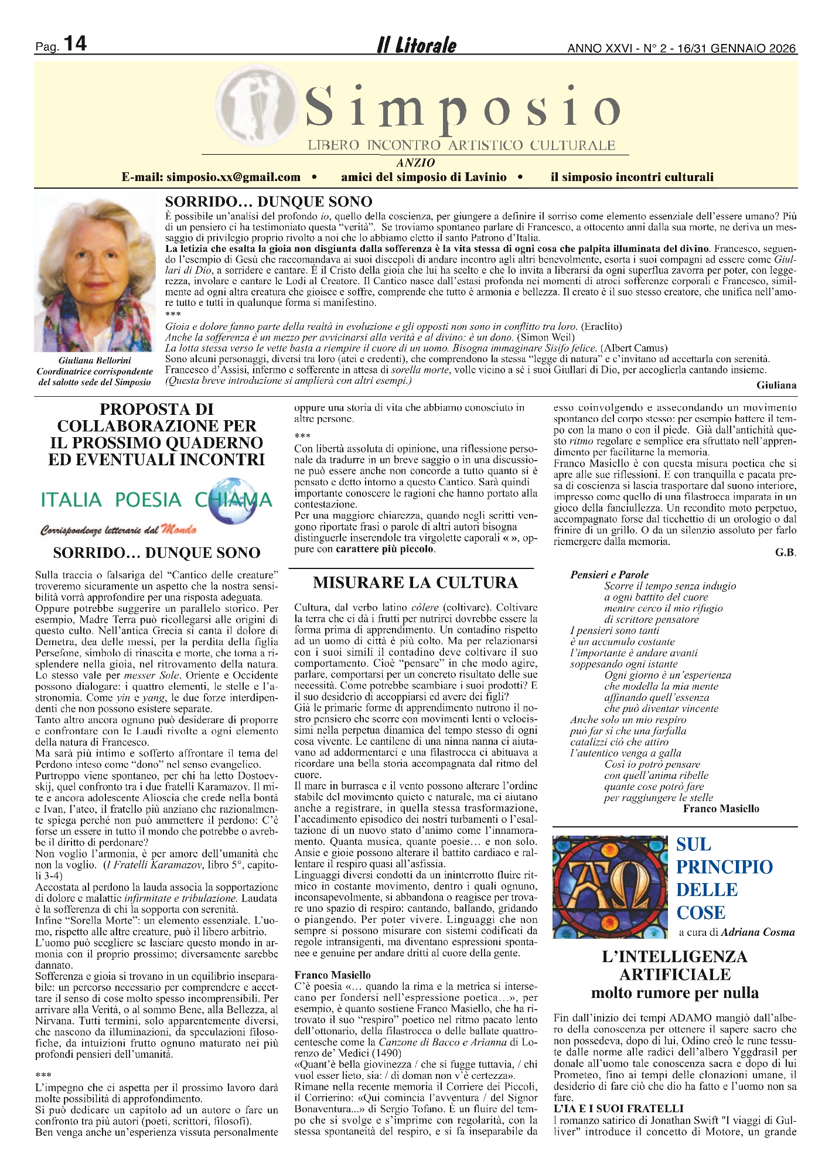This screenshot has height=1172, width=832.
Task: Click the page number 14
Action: coord(74,44)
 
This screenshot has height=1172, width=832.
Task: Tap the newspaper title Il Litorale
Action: coord(416,45)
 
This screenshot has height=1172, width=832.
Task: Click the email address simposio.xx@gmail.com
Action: coord(233,177)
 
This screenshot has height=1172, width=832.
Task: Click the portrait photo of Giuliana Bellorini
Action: coord(96,272)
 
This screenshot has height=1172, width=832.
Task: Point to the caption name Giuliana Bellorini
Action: coord(95,360)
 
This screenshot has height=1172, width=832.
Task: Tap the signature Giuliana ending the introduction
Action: coord(776,385)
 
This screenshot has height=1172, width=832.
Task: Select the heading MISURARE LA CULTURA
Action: coord(415,582)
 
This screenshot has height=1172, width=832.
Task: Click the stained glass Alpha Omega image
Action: coord(611,887)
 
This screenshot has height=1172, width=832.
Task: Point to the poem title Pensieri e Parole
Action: coord(609,575)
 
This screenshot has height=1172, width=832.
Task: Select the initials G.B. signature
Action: coord(786,553)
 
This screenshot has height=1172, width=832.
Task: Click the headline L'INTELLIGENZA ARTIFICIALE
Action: coord(674,966)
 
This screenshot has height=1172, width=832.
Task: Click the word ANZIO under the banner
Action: coord(415,163)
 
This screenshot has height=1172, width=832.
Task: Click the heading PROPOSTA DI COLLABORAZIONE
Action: coord(156,434)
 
